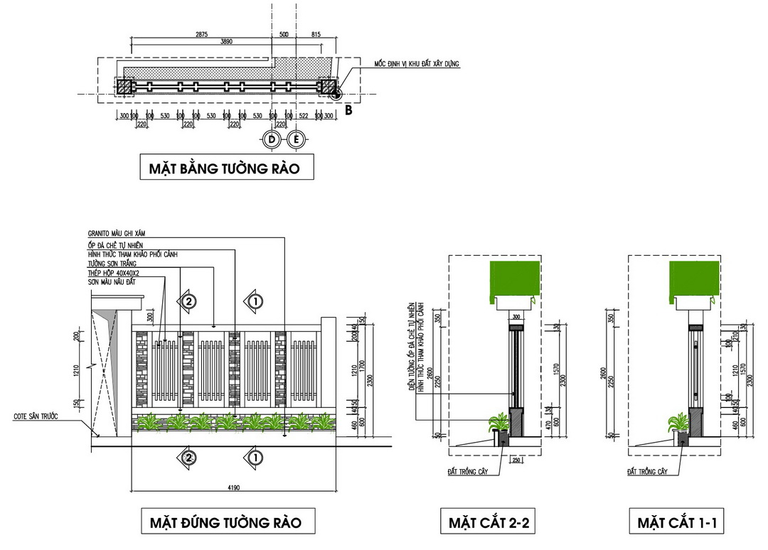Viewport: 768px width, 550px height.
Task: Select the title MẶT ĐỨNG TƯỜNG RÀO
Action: coord(225,523)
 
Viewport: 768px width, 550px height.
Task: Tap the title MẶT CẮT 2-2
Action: coord(489,524)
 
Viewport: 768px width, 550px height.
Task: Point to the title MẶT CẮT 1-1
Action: coord(677,524)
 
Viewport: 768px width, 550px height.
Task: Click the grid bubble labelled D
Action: coord(271,139)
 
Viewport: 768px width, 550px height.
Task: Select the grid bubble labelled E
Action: coord(297,139)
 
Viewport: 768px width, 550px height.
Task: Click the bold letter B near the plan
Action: coord(348,110)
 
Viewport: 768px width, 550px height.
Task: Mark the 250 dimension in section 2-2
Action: coord(517,460)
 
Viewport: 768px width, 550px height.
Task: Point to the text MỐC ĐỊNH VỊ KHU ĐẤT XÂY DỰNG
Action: coord(417,64)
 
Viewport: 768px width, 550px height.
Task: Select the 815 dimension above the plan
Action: coord(316,33)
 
